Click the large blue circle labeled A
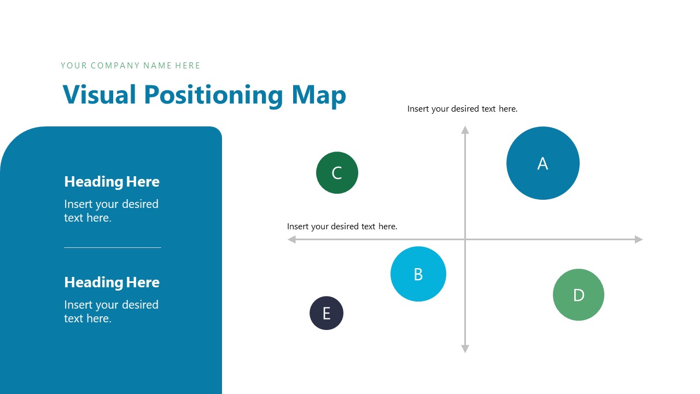(x=542, y=163)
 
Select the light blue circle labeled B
(x=418, y=274)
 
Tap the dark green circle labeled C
(x=337, y=173)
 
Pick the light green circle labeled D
(x=579, y=294)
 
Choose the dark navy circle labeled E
(x=326, y=313)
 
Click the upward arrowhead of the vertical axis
(x=465, y=130)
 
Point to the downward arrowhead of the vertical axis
(x=465, y=349)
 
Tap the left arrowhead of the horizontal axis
(x=292, y=239)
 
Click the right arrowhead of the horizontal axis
(x=638, y=239)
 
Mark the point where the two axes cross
(x=465, y=239)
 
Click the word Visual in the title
(x=100, y=95)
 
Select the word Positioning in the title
(x=213, y=95)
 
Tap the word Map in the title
(x=319, y=95)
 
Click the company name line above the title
(x=130, y=66)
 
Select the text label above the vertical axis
(x=462, y=109)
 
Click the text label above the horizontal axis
(x=342, y=226)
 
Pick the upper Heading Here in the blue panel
(x=112, y=182)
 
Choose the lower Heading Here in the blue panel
(x=112, y=282)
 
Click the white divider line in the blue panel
(x=112, y=247)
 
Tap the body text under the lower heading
(x=111, y=311)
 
